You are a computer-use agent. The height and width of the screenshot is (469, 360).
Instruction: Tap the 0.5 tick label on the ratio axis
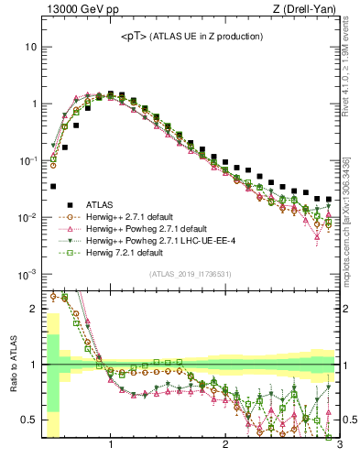tap(29, 421)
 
